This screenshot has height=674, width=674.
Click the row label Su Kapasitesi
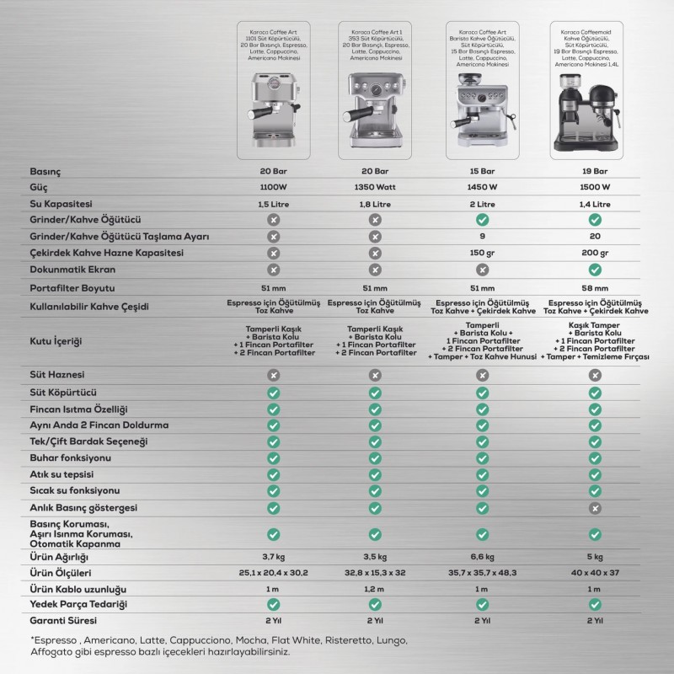(62, 204)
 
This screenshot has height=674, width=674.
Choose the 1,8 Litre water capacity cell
(375, 204)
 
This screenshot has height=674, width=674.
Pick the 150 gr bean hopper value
(477, 252)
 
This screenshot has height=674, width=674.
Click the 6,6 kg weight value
(477, 558)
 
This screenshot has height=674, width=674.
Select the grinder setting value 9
(477, 236)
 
